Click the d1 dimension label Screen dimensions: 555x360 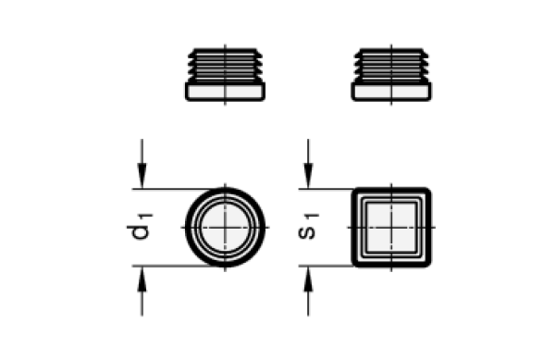click(x=140, y=227)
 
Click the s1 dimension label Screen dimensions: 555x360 click(x=308, y=227)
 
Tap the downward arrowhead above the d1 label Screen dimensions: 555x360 click(x=142, y=176)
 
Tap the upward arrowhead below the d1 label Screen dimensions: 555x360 click(x=142, y=279)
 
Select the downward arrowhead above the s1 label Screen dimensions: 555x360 click(x=308, y=176)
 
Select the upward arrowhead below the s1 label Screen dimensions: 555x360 click(x=308, y=279)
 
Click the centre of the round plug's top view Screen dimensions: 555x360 click(x=225, y=228)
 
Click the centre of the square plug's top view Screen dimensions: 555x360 click(x=391, y=228)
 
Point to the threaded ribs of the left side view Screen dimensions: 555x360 click(x=225, y=66)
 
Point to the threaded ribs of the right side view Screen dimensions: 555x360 click(x=391, y=66)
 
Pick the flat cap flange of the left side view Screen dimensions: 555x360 click(x=225, y=92)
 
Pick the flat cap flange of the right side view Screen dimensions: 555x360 click(x=391, y=92)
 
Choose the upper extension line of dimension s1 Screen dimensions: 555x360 click(x=326, y=189)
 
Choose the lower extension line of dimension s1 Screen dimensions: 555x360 click(x=326, y=266)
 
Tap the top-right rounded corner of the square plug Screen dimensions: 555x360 click(x=426, y=192)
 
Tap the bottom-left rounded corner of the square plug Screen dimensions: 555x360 click(x=356, y=263)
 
